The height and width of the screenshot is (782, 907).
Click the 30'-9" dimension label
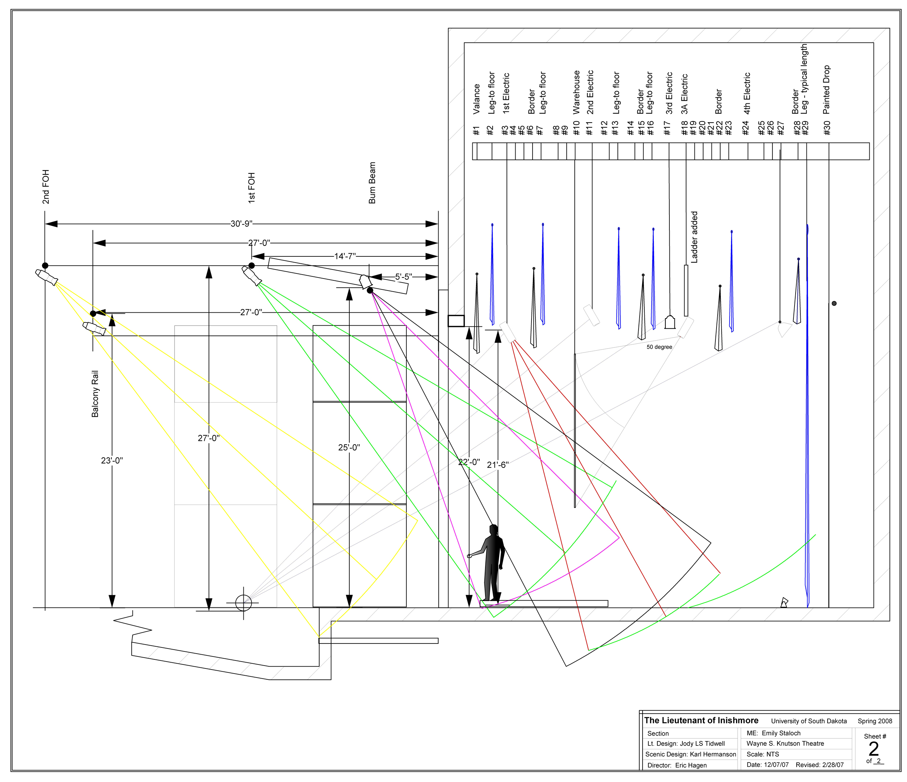pos(241,224)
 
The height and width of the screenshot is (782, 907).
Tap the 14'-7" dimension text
pos(345,256)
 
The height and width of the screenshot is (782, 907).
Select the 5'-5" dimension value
pos(403,277)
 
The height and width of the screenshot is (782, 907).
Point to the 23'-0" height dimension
pos(112,460)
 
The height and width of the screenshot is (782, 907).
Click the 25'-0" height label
pos(349,447)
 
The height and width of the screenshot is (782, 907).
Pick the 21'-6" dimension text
pos(498,465)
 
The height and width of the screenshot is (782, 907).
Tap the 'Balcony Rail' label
pos(95,394)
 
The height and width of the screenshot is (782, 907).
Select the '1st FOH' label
pos(252,188)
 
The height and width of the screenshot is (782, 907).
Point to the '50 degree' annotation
pos(659,347)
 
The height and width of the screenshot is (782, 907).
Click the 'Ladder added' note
pos(694,237)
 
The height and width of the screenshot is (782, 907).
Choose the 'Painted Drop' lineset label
pos(826,90)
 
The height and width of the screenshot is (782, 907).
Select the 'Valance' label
pos(477,99)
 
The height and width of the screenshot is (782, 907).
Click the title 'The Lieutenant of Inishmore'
pos(701,720)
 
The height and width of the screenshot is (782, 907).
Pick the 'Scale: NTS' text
pos(763,754)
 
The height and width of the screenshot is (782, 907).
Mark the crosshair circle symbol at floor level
pos(243,602)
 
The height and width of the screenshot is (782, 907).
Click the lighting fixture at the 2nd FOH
pos(46,277)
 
